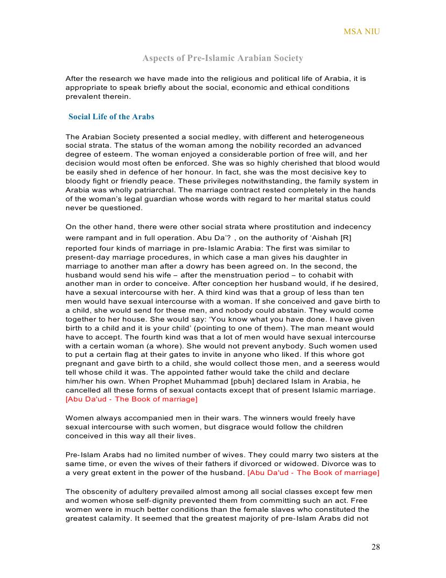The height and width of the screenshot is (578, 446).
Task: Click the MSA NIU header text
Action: click(362, 32)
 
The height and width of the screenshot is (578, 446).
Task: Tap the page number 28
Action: click(375, 547)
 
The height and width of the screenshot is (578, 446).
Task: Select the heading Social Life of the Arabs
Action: click(111, 117)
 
